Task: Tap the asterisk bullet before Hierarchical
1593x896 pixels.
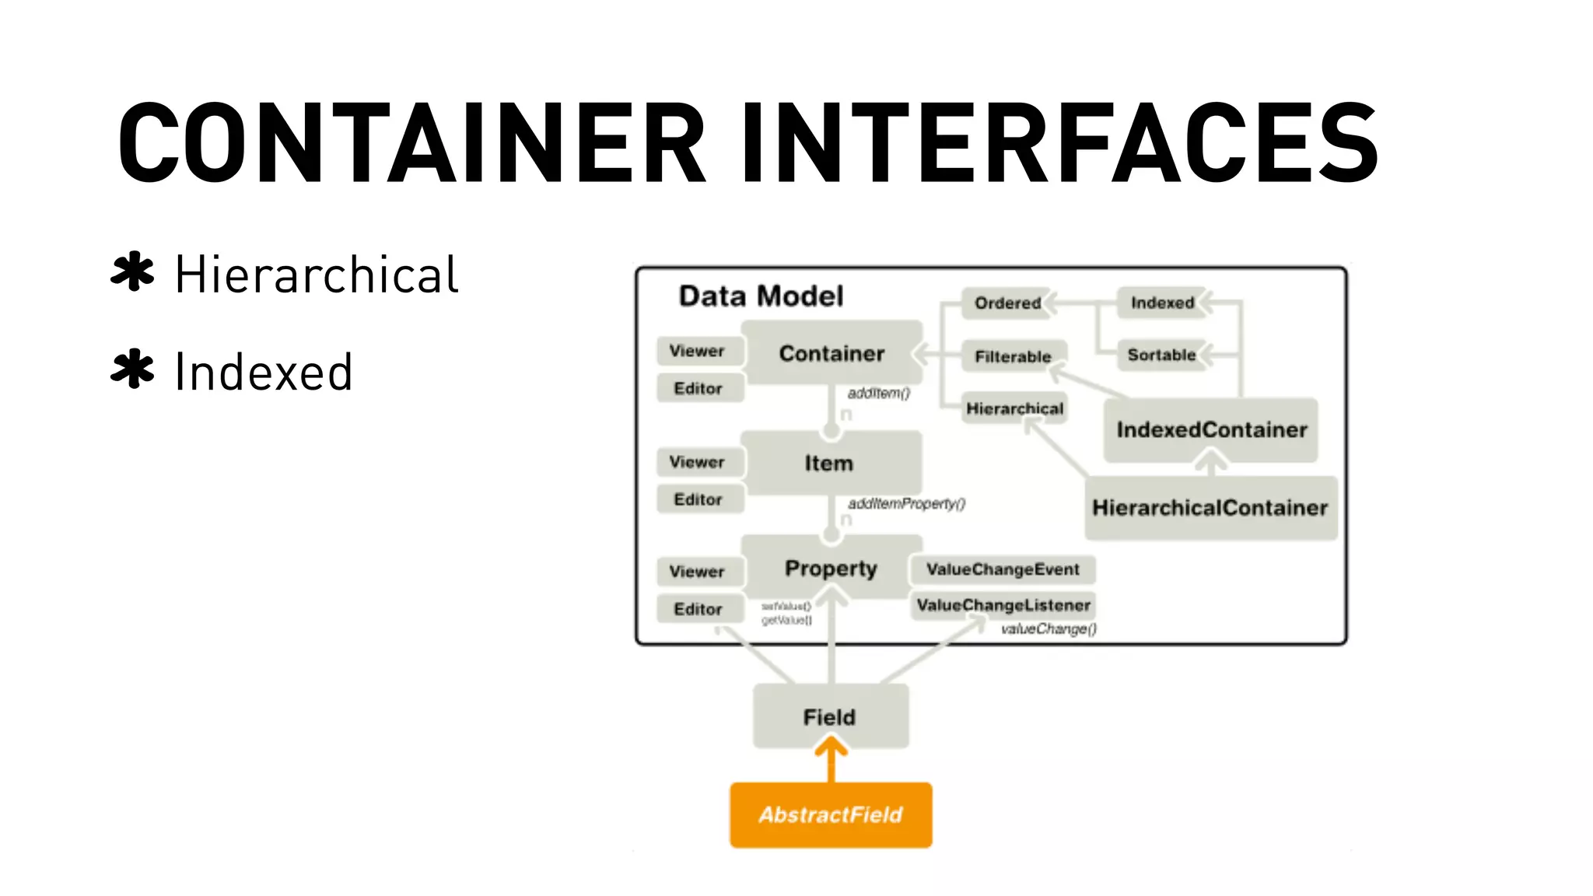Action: pyautogui.click(x=132, y=272)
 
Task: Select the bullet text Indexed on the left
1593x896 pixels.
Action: pyautogui.click(x=264, y=372)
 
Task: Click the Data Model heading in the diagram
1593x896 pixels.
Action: pyautogui.click(x=761, y=296)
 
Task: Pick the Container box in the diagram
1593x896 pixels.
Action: pyautogui.click(x=832, y=353)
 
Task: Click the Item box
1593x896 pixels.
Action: pyautogui.click(x=829, y=464)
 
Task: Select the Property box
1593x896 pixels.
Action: pyautogui.click(x=831, y=569)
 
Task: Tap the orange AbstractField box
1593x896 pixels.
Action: pyautogui.click(x=831, y=815)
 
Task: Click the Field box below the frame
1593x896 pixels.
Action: pyautogui.click(x=829, y=717)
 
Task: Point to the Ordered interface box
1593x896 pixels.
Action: pyautogui.click(x=1007, y=303)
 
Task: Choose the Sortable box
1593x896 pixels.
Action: pyautogui.click(x=1161, y=355)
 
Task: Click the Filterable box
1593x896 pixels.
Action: pyautogui.click(x=1013, y=357)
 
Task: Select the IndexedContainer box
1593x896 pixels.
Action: pyautogui.click(x=1211, y=430)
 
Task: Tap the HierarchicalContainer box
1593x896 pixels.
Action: pyautogui.click(x=1210, y=508)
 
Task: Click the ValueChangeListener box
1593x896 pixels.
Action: pyautogui.click(x=1003, y=605)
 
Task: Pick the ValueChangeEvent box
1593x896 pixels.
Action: pyautogui.click(x=1003, y=569)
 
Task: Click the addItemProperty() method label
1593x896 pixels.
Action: pyautogui.click(x=906, y=504)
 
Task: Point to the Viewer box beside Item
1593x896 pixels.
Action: pyautogui.click(x=697, y=462)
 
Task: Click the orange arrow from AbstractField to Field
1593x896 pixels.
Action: pyautogui.click(x=831, y=762)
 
